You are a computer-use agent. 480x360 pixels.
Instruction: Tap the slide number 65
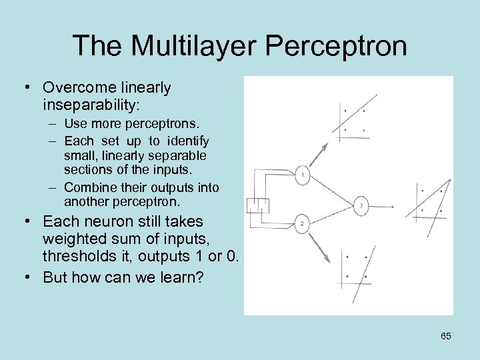[446, 336]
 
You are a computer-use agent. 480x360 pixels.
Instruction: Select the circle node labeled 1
[302, 175]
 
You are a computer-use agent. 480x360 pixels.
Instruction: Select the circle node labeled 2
[301, 224]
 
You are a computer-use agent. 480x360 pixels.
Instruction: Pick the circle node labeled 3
[361, 206]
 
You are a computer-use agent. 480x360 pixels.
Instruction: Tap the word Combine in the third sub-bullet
[87, 188]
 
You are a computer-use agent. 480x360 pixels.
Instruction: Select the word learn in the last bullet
[177, 277]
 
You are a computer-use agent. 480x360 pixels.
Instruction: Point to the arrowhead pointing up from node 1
[326, 145]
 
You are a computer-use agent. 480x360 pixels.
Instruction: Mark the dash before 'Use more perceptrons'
[51, 124]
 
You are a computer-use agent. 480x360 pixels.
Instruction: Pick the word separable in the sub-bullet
[180, 155]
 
